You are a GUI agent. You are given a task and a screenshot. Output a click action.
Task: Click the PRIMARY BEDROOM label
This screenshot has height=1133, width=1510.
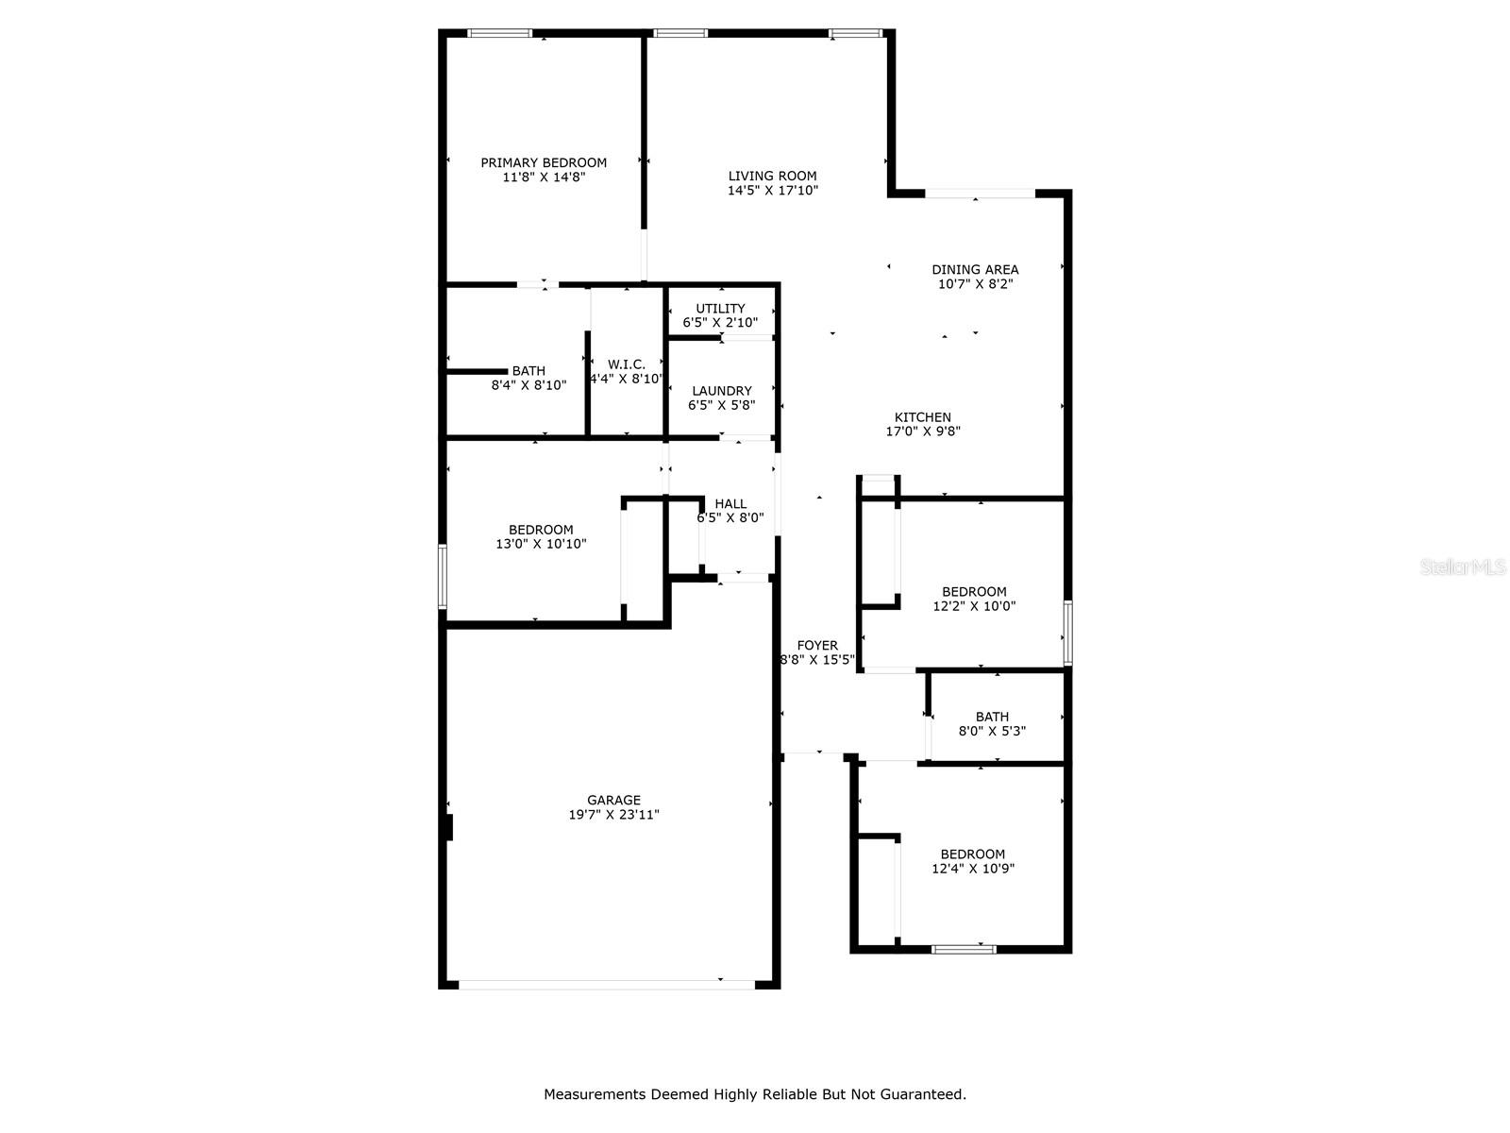pyautogui.click(x=544, y=162)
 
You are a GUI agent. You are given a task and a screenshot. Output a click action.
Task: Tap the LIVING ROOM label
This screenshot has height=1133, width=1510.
pyautogui.click(x=772, y=176)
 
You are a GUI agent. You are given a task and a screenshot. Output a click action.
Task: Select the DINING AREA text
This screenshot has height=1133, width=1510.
pyautogui.click(x=975, y=270)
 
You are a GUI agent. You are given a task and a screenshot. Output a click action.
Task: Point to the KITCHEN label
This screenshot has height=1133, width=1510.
pyautogui.click(x=923, y=417)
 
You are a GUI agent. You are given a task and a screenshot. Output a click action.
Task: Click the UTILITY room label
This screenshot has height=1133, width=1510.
pyautogui.click(x=720, y=309)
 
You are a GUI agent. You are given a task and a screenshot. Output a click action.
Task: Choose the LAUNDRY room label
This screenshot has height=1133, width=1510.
pyautogui.click(x=722, y=391)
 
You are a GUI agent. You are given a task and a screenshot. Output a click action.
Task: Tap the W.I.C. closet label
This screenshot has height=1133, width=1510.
pyautogui.click(x=627, y=364)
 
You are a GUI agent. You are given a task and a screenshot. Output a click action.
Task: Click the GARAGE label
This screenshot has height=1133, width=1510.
pyautogui.click(x=613, y=801)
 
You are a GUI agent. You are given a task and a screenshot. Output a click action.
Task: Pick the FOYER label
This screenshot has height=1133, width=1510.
pyautogui.click(x=817, y=646)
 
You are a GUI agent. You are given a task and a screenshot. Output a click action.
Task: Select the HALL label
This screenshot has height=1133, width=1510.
pyautogui.click(x=730, y=504)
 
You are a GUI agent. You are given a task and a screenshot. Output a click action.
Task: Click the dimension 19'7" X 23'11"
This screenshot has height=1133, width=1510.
pyautogui.click(x=613, y=815)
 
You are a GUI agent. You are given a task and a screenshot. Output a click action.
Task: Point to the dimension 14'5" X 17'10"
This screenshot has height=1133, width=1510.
pyautogui.click(x=772, y=190)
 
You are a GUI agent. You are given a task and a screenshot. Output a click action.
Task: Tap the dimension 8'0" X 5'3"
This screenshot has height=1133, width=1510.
pyautogui.click(x=992, y=731)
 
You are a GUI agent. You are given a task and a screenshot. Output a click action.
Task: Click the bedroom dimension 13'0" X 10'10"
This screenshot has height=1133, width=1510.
pyautogui.click(x=541, y=544)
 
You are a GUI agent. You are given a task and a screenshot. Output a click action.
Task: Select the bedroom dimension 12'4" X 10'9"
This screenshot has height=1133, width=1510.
pyautogui.click(x=972, y=869)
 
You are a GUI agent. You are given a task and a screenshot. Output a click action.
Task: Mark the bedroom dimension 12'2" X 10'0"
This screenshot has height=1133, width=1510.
pyautogui.click(x=974, y=606)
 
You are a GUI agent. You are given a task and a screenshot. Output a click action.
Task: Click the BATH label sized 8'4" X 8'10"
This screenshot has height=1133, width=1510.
pyautogui.click(x=528, y=371)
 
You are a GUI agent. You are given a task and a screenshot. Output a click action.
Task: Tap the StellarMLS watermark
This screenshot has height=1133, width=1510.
pyautogui.click(x=1462, y=567)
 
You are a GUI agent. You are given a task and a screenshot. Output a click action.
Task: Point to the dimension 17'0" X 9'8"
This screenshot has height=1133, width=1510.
pyautogui.click(x=923, y=431)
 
